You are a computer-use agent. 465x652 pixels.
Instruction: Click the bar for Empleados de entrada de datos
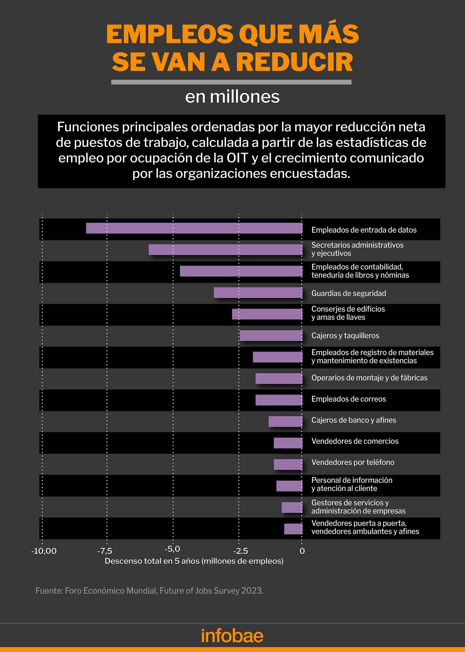194,228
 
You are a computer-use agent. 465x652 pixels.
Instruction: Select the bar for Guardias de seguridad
258,293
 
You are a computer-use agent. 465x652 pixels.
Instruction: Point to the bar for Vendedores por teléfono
288,464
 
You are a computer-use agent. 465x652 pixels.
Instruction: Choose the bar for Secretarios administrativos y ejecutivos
225,250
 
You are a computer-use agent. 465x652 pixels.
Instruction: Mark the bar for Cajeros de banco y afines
286,421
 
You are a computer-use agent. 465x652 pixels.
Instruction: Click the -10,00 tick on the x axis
44,551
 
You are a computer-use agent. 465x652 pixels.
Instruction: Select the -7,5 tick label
105,551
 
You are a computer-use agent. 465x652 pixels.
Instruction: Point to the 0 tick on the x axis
302,551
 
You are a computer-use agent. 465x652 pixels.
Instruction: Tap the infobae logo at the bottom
232,636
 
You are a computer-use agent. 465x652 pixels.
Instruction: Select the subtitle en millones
232,97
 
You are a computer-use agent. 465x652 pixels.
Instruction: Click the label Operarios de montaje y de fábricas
369,378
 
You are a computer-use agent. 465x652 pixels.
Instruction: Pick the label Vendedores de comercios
355,441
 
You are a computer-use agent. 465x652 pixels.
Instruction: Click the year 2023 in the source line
252,591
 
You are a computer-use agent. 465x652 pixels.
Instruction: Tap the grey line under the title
231,82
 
